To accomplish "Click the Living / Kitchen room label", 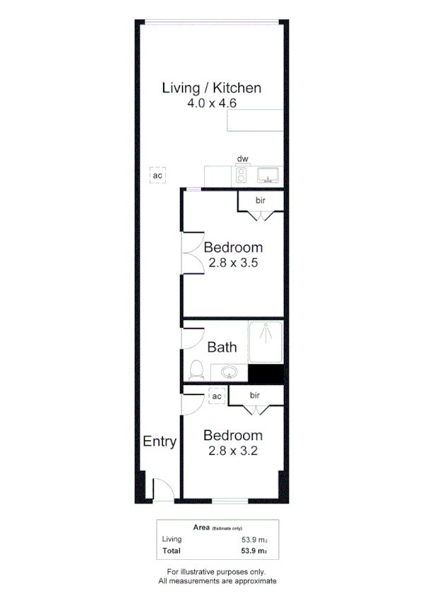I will click(x=212, y=88).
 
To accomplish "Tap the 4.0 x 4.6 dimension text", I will click(x=212, y=103).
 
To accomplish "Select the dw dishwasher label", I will click(x=242, y=159).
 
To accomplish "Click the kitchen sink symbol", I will click(x=268, y=174).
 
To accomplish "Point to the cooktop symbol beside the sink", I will click(x=242, y=175).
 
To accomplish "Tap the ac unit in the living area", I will click(x=158, y=175).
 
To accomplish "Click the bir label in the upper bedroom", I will click(x=260, y=202).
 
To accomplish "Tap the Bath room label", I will click(x=222, y=347).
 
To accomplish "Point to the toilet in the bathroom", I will click(x=196, y=371).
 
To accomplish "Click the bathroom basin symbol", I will click(x=230, y=372).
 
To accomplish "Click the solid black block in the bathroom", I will click(x=266, y=375).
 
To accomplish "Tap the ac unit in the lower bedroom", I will click(x=217, y=397).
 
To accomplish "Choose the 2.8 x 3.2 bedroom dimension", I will click(x=233, y=450).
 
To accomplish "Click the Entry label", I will click(x=160, y=442).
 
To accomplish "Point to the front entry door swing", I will click(x=162, y=490).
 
